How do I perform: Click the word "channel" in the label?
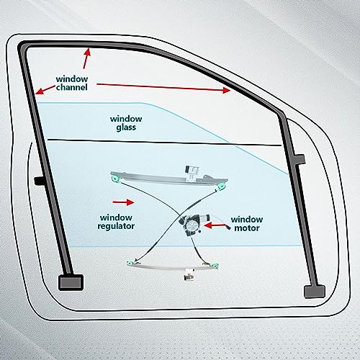[x=72, y=87]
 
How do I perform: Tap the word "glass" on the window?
[x=126, y=127]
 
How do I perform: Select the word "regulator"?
[x=116, y=226]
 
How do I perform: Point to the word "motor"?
[x=247, y=228]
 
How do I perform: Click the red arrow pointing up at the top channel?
[x=86, y=58]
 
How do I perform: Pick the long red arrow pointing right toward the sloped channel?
[x=163, y=87]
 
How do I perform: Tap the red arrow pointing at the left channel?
[x=45, y=89]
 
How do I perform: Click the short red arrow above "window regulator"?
[x=123, y=202]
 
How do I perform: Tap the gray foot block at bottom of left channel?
[x=71, y=282]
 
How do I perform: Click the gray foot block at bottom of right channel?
[x=315, y=292]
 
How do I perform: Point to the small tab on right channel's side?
[x=300, y=159]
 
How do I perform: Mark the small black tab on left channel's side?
[x=39, y=181]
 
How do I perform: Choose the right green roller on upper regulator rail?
[x=222, y=187]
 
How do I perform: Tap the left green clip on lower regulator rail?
[x=130, y=263]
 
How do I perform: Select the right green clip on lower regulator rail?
[x=215, y=266]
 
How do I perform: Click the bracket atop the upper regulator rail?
[x=192, y=174]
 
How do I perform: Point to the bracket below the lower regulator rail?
[x=189, y=274]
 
